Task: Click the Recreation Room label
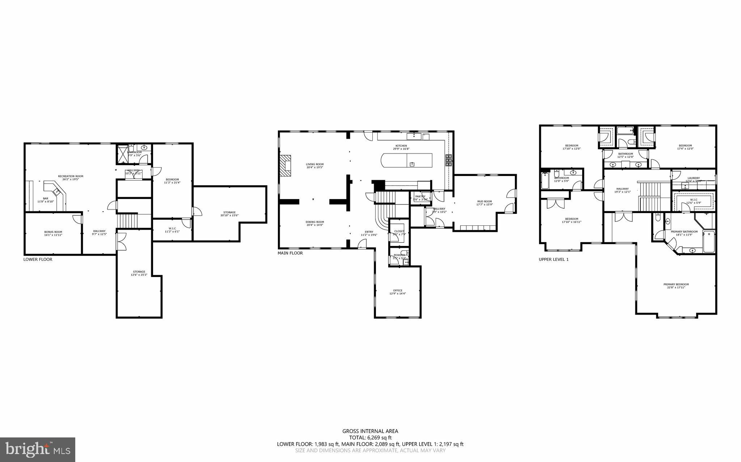point(71,178)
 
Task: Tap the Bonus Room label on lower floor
point(53,233)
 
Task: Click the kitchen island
point(407,160)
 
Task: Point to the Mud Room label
point(484,203)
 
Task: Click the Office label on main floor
point(398,292)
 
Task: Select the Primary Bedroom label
point(676,285)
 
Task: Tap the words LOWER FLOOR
point(38,259)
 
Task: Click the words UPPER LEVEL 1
point(553,259)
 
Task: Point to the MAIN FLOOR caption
point(290,253)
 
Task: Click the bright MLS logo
point(38,449)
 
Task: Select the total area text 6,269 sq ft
point(370,437)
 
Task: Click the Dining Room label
point(314,223)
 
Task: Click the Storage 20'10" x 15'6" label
point(229,214)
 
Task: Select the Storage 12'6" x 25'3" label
point(139,273)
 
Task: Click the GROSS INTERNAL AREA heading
point(370,431)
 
